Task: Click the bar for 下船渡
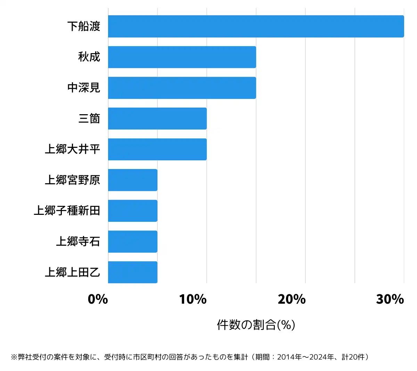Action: (x=256, y=26)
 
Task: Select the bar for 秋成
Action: (x=182, y=57)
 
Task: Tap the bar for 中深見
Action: (x=182, y=88)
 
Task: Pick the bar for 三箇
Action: (x=157, y=119)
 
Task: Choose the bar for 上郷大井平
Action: (x=157, y=149)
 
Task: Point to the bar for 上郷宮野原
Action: (x=133, y=180)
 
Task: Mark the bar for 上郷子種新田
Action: (x=133, y=211)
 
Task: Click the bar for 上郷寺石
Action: (x=133, y=242)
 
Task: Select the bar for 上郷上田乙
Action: (x=133, y=272)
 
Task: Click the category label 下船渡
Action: (x=84, y=26)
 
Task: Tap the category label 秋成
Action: (x=89, y=57)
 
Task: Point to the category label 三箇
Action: (x=89, y=119)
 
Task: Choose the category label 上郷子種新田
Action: (x=67, y=211)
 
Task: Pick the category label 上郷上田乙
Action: (x=73, y=272)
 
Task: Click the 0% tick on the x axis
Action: (x=98, y=299)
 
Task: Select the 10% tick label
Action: (x=193, y=299)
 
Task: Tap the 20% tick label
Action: (x=292, y=299)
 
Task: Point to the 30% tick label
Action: (x=390, y=299)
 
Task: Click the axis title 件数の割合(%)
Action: (x=256, y=325)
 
